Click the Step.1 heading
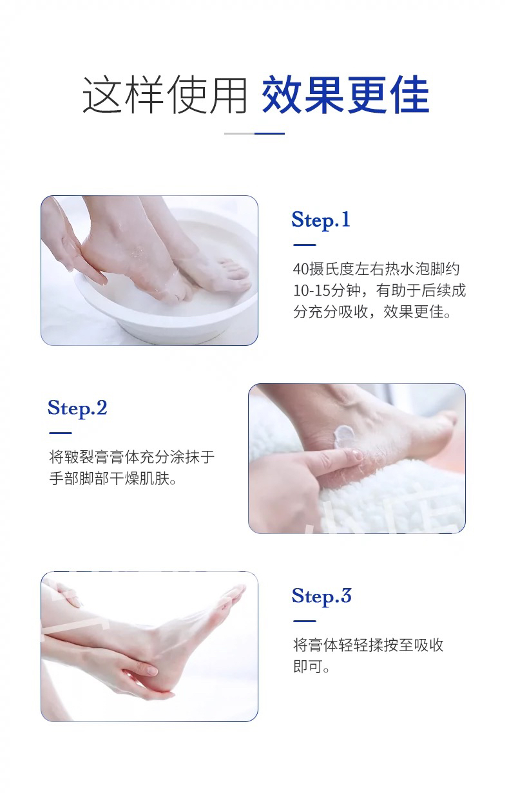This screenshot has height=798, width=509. pos(321,220)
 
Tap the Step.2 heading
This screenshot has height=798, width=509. pos(77,408)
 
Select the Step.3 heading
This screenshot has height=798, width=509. pos(322,596)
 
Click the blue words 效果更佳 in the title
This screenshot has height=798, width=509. pos(345,95)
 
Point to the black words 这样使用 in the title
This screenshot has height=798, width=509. pos(165,95)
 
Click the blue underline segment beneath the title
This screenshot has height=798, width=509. pos(269,133)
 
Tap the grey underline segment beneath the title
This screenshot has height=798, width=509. pos(239,133)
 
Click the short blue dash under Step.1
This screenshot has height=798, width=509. pos(305,245)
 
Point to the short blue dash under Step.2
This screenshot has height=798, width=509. pos(61,433)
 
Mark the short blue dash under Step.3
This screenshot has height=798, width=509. pos(305,622)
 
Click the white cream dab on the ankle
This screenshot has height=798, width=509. pos(344,435)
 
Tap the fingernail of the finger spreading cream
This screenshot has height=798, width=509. pos(357,455)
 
